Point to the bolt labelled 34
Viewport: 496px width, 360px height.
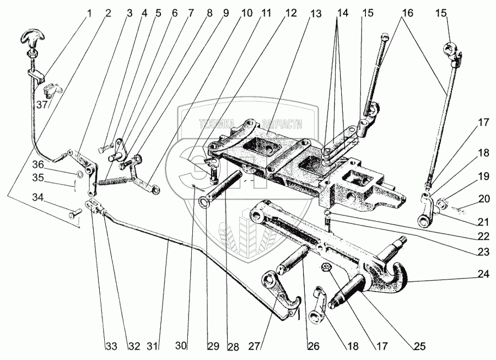click(73, 213)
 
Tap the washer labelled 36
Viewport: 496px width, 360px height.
click(80, 175)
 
